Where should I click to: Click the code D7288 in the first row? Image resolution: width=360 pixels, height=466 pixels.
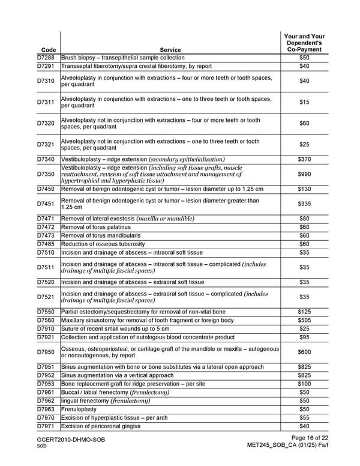[x=46, y=58]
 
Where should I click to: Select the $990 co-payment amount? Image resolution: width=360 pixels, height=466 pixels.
[x=304, y=174]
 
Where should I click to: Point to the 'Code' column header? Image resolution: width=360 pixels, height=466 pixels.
[x=46, y=50]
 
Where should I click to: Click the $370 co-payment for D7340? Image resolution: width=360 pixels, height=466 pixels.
[x=304, y=159]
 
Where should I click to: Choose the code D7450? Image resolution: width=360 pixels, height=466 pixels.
[x=46, y=189]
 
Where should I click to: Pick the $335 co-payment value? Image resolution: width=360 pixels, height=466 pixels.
[x=304, y=204]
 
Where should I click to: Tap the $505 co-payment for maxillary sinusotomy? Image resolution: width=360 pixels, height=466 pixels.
[x=304, y=320]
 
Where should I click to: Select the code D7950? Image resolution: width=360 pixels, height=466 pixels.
[x=46, y=352]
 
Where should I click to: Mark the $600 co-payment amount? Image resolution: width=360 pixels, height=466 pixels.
[x=304, y=352]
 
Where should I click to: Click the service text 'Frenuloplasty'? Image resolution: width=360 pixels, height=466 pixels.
[x=79, y=409]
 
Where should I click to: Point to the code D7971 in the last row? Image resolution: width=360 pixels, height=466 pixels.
[x=46, y=426]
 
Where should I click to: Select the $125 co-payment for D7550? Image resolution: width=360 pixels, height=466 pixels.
[x=304, y=312]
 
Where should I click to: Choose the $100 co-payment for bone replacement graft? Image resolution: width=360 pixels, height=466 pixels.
[x=304, y=384]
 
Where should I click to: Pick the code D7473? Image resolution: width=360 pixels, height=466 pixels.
[x=46, y=235]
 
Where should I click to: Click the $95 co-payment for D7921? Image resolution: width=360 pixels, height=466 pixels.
[x=304, y=337]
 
